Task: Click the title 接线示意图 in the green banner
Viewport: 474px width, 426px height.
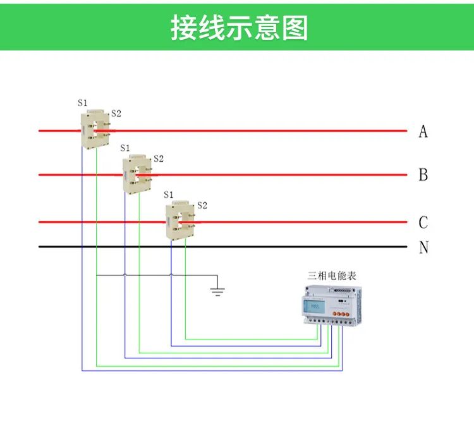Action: tap(240, 28)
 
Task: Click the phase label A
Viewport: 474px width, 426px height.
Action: tap(423, 131)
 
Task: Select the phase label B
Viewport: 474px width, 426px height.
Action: tap(423, 174)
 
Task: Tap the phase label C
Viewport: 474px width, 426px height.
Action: tap(423, 222)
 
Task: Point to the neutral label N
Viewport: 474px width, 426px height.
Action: tap(423, 247)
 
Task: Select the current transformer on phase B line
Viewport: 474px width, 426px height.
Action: tap(137, 174)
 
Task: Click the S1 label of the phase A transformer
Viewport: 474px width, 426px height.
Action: tap(83, 103)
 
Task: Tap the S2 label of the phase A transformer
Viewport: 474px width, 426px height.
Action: tap(116, 113)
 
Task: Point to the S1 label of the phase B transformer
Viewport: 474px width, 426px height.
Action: tap(125, 148)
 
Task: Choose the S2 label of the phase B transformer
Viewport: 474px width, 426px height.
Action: tap(159, 159)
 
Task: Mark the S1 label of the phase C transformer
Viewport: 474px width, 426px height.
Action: tap(168, 195)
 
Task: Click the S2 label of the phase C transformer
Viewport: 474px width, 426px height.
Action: tap(202, 205)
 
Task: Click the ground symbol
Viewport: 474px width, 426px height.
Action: tap(217, 291)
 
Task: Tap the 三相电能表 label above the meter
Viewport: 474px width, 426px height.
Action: tap(332, 276)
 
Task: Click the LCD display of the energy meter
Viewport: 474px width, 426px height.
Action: tap(314, 307)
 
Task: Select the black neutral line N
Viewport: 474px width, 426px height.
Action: tap(223, 246)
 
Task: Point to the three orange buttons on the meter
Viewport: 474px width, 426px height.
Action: tap(341, 314)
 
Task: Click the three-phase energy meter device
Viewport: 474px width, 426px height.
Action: tap(332, 305)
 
